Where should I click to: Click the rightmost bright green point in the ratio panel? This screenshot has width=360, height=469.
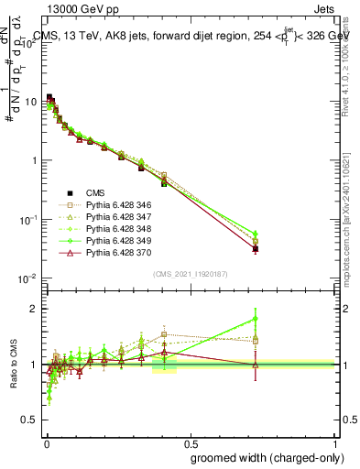[x=256, y=320]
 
